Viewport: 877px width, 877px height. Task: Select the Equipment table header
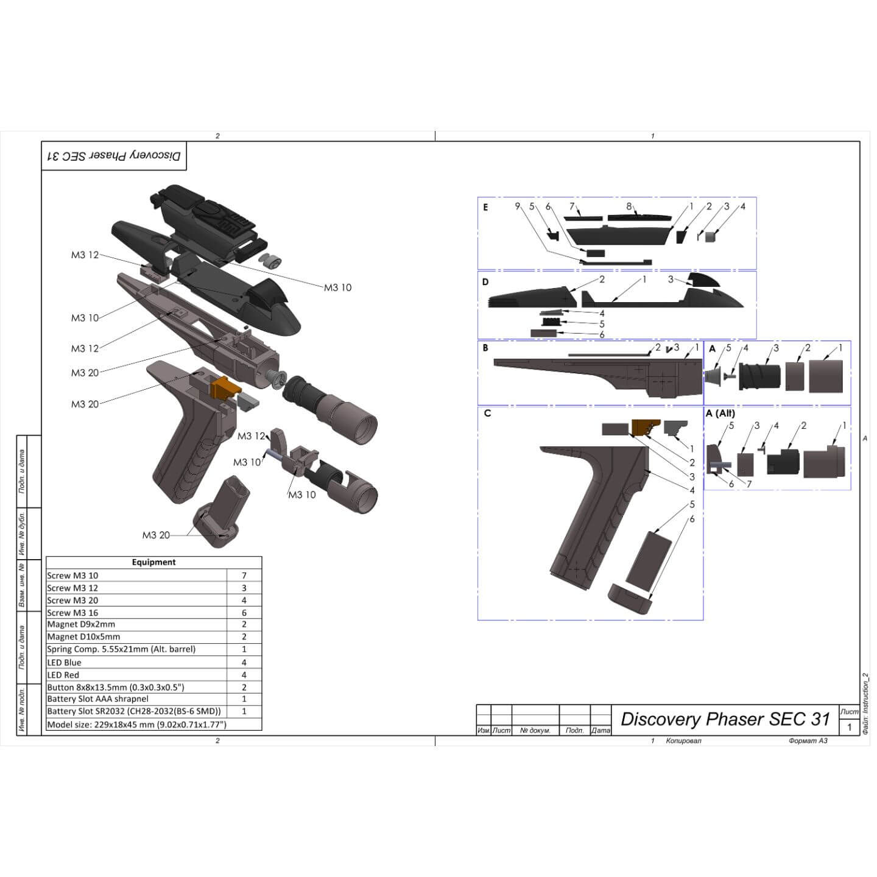[153, 562]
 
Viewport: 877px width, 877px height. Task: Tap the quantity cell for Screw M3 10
[244, 576]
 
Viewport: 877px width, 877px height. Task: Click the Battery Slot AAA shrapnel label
[97, 699]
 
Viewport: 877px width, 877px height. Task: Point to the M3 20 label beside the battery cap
[156, 535]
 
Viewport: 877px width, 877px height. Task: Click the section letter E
[485, 207]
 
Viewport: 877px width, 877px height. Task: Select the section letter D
[485, 282]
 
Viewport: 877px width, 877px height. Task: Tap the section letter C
[487, 413]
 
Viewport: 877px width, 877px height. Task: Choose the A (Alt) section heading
[720, 413]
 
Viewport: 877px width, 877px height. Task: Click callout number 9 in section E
[518, 206]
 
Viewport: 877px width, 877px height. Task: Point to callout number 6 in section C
[692, 519]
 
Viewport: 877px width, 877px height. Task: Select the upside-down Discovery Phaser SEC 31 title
[114, 156]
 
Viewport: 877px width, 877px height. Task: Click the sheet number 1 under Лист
[850, 727]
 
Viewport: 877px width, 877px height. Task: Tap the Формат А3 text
[808, 741]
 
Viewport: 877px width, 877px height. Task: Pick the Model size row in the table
[136, 725]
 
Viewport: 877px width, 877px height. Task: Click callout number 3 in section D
[671, 280]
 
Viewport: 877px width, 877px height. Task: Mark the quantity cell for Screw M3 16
[244, 613]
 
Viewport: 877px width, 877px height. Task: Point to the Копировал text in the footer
[683, 741]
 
